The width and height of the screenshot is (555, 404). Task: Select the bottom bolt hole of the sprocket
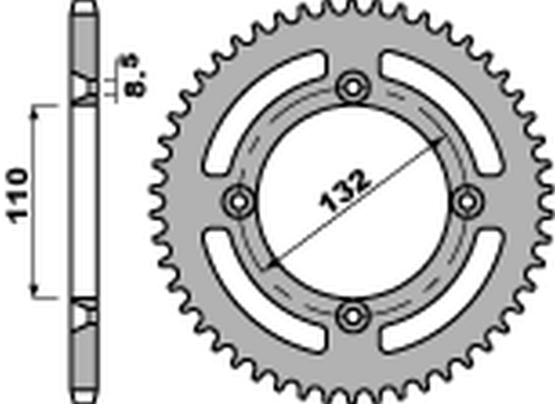(x=352, y=316)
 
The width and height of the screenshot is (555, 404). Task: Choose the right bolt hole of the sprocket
(x=467, y=201)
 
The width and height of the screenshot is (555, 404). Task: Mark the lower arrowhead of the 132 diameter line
(x=272, y=263)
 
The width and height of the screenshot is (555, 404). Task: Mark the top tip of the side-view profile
(x=83, y=4)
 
